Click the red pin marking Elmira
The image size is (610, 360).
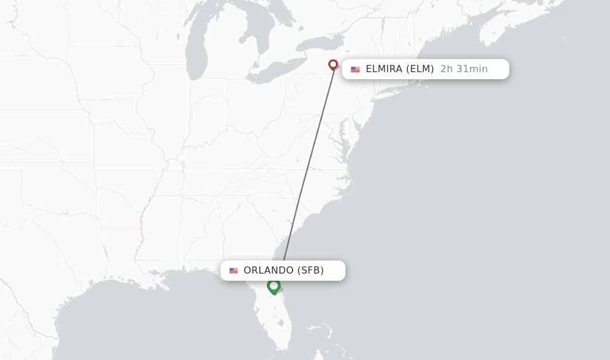point(333,64)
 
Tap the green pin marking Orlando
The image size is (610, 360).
point(273,286)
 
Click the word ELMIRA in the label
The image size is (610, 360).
point(384,69)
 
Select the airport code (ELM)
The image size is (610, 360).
point(420,69)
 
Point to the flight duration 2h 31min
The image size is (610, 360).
point(464,69)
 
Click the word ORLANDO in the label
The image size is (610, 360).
point(268,271)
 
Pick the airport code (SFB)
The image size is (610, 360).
point(311,271)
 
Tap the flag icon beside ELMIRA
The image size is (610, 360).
point(356,70)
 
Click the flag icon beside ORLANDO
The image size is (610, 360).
point(234,271)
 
